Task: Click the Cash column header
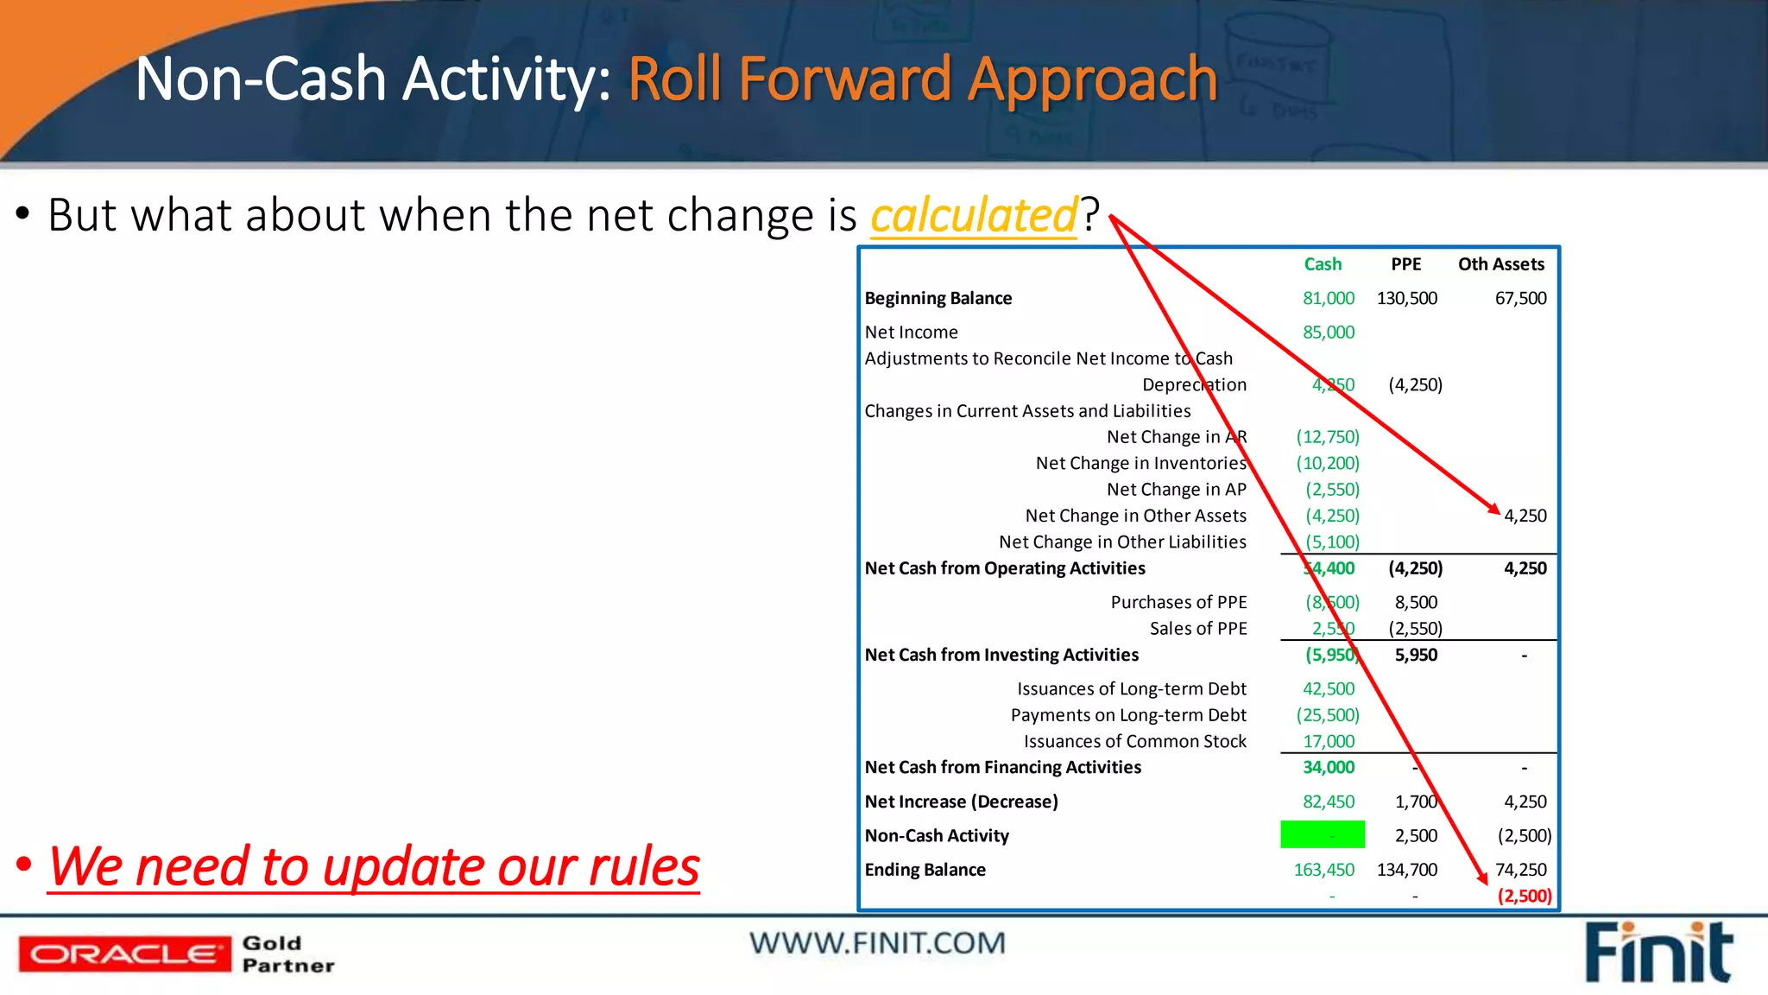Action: pos(1322,264)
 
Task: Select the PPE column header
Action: pos(1405,264)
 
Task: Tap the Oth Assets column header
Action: pos(1500,264)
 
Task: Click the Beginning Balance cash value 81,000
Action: pos(1328,298)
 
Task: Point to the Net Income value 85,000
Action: pos(1328,333)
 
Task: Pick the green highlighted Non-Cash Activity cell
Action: pos(1322,835)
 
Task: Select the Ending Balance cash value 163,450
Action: pos(1323,870)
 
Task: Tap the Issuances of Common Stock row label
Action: pos(1134,741)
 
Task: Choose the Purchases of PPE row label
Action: pos(1178,602)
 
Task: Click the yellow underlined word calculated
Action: pos(974,215)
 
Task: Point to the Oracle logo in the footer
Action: pos(124,954)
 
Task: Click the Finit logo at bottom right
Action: pos(1657,953)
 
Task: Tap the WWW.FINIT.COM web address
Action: pos(877,943)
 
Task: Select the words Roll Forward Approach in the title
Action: pos(922,79)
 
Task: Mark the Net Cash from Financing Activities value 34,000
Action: pos(1328,767)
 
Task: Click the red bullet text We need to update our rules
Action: pos(374,866)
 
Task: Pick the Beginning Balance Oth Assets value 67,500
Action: pos(1520,298)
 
